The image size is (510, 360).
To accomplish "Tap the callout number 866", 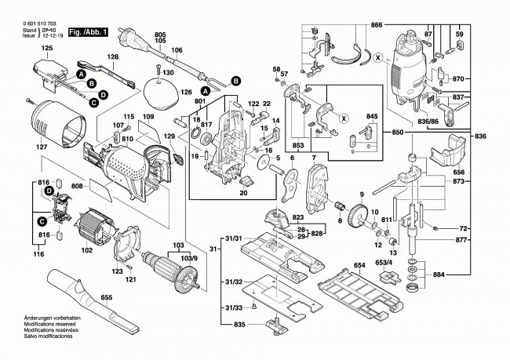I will pos(377,25).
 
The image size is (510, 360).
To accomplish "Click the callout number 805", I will pos(160,35).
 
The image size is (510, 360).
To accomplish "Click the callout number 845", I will pos(371,117).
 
